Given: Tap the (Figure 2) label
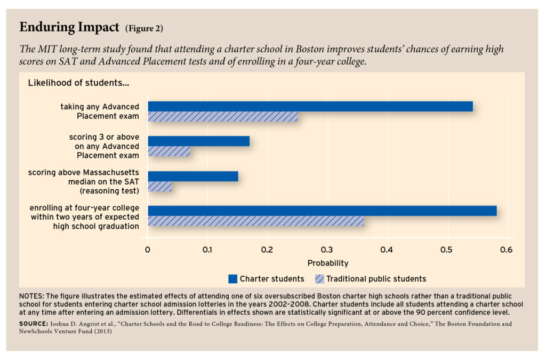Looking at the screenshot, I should pos(144,28).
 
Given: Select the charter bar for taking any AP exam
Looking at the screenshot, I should pos(310,106).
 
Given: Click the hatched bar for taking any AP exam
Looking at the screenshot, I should pos(223,117).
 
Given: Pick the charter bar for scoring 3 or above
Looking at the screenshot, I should pos(198,141).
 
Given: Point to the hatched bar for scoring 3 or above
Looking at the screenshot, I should pos(168,151).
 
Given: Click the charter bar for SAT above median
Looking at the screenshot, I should pos(192,176).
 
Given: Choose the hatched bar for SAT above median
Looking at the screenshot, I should pos(159,187).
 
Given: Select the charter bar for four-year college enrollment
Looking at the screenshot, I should pos(322,211).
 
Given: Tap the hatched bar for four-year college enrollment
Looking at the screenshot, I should pos(256,221).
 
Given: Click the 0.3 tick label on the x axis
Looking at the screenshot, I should pos(327,250).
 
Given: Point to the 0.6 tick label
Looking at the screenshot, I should pos(506,250).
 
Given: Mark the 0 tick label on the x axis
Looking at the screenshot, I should pos(148,250).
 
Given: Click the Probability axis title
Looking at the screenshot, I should pos(328,263).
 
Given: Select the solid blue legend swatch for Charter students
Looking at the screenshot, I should pos(232,278).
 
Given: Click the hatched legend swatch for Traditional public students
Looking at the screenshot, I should pos(320,278).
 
